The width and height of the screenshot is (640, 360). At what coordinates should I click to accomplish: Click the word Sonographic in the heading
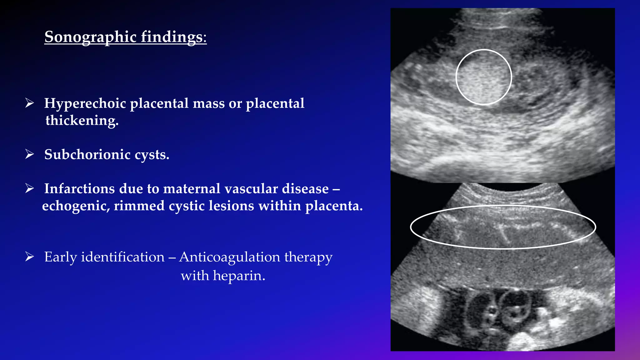(x=91, y=37)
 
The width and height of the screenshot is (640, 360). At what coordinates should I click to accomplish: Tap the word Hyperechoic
(x=85, y=103)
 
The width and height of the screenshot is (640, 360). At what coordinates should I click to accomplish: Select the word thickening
(x=82, y=120)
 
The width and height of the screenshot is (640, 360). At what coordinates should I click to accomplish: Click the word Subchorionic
(x=87, y=154)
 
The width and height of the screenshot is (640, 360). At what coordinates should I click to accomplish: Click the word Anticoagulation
(x=230, y=257)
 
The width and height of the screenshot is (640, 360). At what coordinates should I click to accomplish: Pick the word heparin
(x=239, y=276)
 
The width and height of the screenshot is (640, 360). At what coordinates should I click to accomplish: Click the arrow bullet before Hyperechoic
(x=30, y=103)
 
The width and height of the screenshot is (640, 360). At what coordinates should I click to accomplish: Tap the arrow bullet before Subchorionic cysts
(x=30, y=154)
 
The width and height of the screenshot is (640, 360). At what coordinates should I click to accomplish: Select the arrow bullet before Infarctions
(x=30, y=188)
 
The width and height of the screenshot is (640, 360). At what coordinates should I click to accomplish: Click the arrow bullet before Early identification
(x=30, y=257)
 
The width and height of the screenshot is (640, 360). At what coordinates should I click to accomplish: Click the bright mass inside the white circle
(x=483, y=77)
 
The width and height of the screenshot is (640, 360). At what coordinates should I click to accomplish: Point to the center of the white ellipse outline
(x=503, y=227)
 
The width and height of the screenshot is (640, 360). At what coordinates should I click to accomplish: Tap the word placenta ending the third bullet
(x=334, y=206)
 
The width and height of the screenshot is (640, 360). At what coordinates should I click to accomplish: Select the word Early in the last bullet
(x=60, y=257)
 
